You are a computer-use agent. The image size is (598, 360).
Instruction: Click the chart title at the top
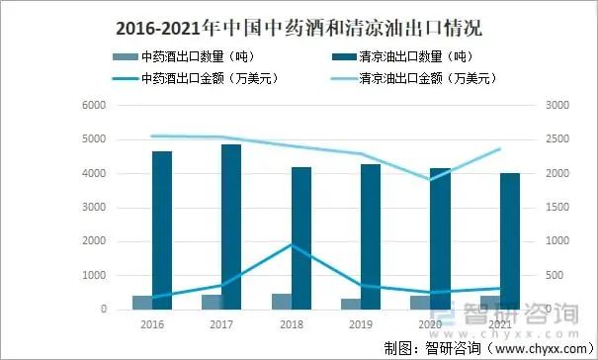[x=298, y=23]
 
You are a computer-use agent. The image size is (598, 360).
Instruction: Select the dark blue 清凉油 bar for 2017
[x=231, y=226]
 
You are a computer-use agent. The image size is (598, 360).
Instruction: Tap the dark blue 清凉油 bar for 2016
[x=162, y=229]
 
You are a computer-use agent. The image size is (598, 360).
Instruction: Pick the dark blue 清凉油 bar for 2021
[x=510, y=240]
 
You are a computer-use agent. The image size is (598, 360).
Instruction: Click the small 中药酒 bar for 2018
[x=282, y=302]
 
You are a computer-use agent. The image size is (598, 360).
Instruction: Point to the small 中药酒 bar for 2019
[x=351, y=304]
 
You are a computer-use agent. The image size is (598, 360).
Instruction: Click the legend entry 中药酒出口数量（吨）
[x=199, y=56]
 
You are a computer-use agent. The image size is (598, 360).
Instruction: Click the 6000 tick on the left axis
[x=92, y=105]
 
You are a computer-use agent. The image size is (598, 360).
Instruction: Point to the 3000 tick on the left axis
[x=92, y=207]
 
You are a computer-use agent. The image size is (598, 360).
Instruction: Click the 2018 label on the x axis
[x=291, y=324]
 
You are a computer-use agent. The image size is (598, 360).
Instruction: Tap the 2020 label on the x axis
[x=430, y=324]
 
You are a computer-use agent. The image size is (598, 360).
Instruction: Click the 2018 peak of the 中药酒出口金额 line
[x=291, y=244]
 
